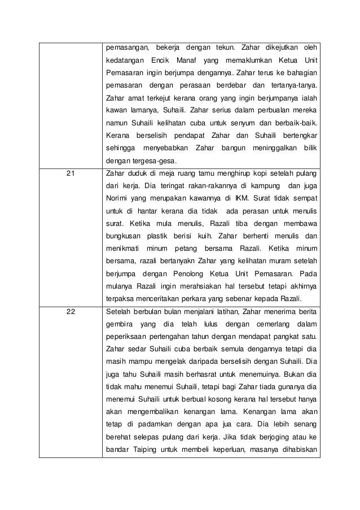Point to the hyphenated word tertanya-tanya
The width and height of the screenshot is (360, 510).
pyautogui.click(x=293, y=86)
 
